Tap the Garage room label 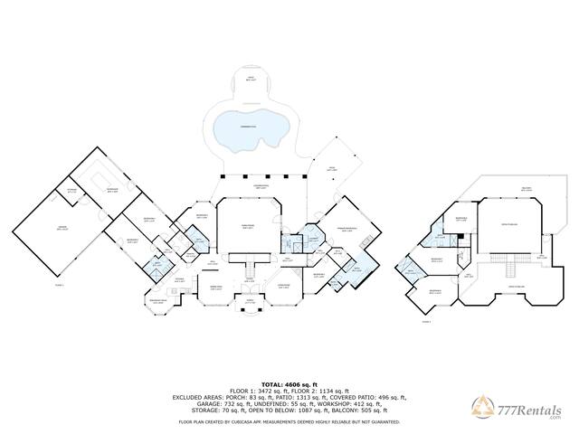coord(62,229)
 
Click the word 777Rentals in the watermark coord(531,408)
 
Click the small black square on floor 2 coord(460,236)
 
